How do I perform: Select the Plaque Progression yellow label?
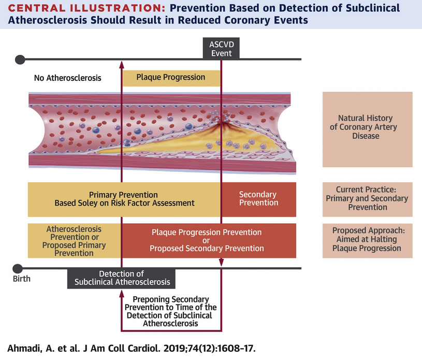[171, 78]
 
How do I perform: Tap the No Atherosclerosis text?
[67, 78]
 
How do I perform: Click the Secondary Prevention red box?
[258, 199]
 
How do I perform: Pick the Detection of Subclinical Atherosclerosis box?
[122, 278]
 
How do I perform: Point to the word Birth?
[21, 279]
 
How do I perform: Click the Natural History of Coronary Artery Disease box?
[368, 127]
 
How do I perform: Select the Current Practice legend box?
[368, 199]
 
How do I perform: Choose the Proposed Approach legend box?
[368, 240]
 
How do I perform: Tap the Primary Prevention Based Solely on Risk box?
[125, 199]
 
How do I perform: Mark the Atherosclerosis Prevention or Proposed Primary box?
[75, 240]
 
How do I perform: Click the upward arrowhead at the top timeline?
[122, 63]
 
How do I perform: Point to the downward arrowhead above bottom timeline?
[221, 262]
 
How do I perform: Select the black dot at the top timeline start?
[20, 60]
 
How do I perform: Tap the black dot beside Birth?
[17, 268]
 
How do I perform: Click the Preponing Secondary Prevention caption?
[171, 311]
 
